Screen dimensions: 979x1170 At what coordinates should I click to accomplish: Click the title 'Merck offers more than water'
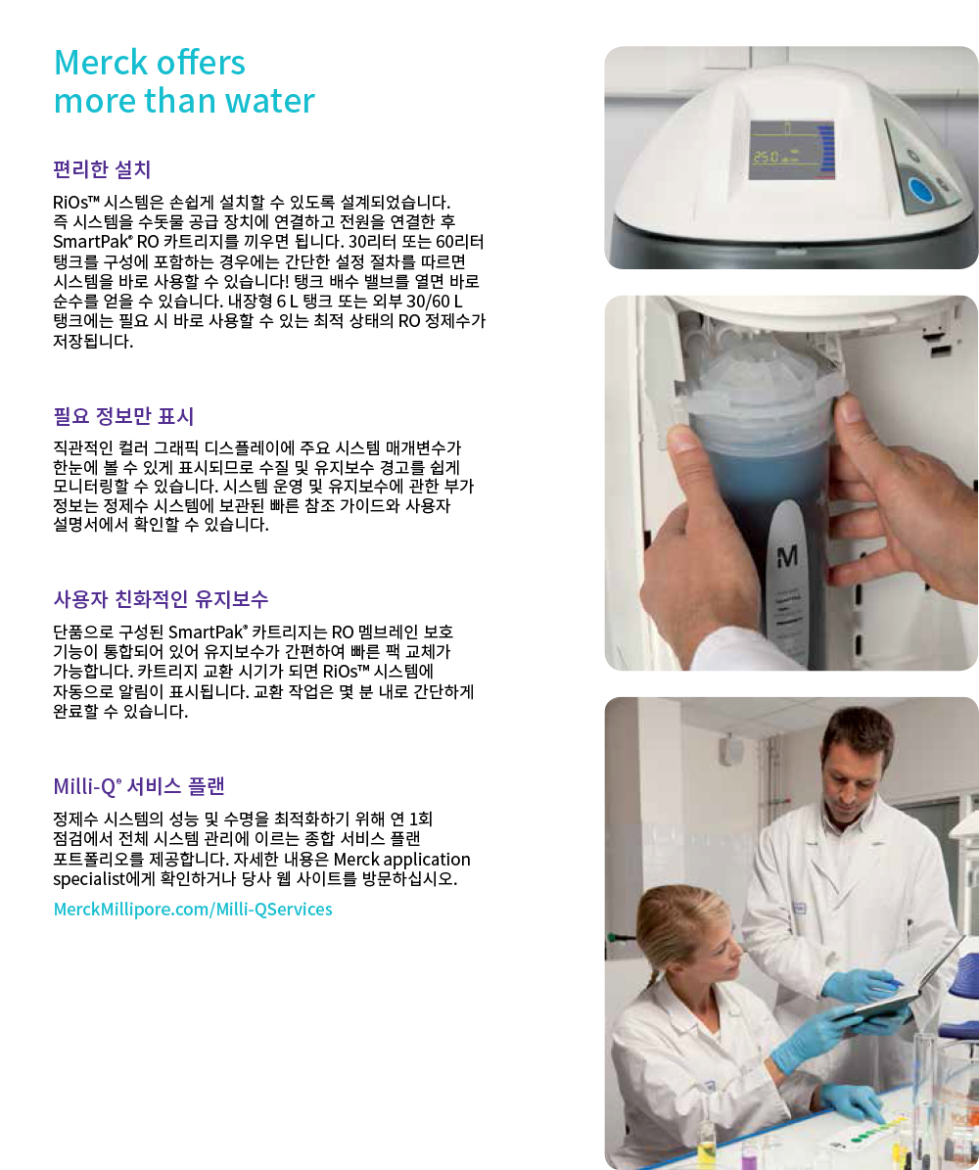point(184,81)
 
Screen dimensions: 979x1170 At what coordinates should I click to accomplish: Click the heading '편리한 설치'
point(102,169)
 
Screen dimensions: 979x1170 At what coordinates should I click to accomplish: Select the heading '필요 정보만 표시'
point(124,415)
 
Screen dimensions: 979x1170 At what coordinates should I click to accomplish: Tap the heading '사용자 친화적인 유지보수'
point(162,598)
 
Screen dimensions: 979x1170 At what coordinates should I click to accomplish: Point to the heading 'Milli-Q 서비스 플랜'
point(139,786)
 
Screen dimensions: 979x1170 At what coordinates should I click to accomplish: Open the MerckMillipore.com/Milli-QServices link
point(193,909)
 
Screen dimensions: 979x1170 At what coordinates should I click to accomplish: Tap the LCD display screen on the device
point(791,150)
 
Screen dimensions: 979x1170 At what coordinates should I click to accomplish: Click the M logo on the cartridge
point(787,556)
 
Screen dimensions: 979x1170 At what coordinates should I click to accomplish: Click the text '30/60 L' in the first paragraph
point(435,302)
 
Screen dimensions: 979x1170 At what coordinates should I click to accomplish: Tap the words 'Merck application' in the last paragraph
point(401,860)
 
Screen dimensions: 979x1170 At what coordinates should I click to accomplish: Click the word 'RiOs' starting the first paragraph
point(70,203)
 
